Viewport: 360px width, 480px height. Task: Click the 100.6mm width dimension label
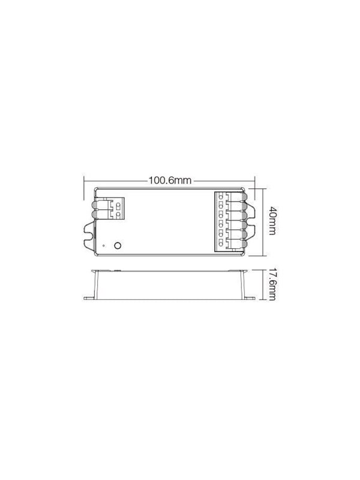[x=170, y=181]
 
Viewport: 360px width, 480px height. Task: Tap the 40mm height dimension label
[x=272, y=220]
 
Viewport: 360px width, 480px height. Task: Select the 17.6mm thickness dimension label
[x=272, y=284]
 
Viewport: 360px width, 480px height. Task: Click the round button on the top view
[x=117, y=245]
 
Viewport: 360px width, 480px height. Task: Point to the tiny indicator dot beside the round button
[x=104, y=245]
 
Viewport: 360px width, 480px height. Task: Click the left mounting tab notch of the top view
[x=89, y=235]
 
